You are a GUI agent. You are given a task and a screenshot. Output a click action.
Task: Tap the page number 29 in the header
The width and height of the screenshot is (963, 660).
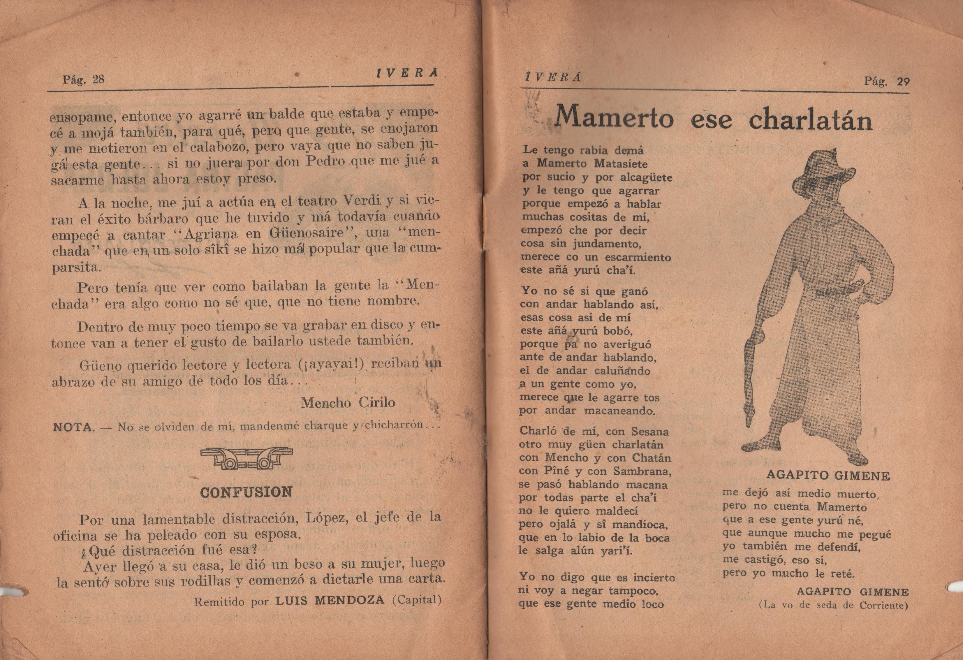(x=903, y=81)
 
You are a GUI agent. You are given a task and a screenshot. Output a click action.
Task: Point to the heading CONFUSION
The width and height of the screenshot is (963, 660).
(x=246, y=492)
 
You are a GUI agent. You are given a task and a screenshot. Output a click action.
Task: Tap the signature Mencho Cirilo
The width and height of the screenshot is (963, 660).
(x=348, y=402)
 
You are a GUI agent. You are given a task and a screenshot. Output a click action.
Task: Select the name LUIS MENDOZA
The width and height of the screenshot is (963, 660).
(x=330, y=600)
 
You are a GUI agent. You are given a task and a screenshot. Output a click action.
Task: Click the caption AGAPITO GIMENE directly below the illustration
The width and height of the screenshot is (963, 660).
(x=828, y=476)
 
